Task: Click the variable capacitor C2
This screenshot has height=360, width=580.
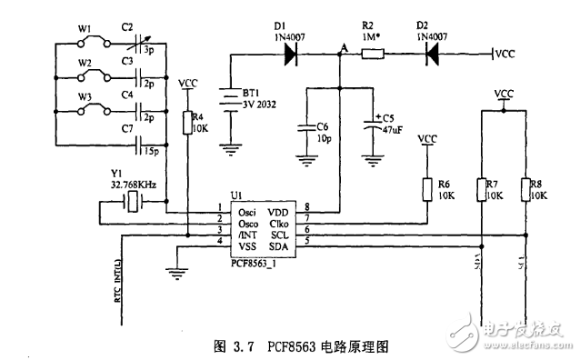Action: (x=140, y=43)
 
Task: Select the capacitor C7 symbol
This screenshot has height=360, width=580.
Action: (x=140, y=144)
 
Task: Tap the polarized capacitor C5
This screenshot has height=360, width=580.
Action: (x=370, y=126)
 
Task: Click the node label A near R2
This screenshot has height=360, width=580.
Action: (x=343, y=45)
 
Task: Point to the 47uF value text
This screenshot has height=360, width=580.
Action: (x=394, y=129)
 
